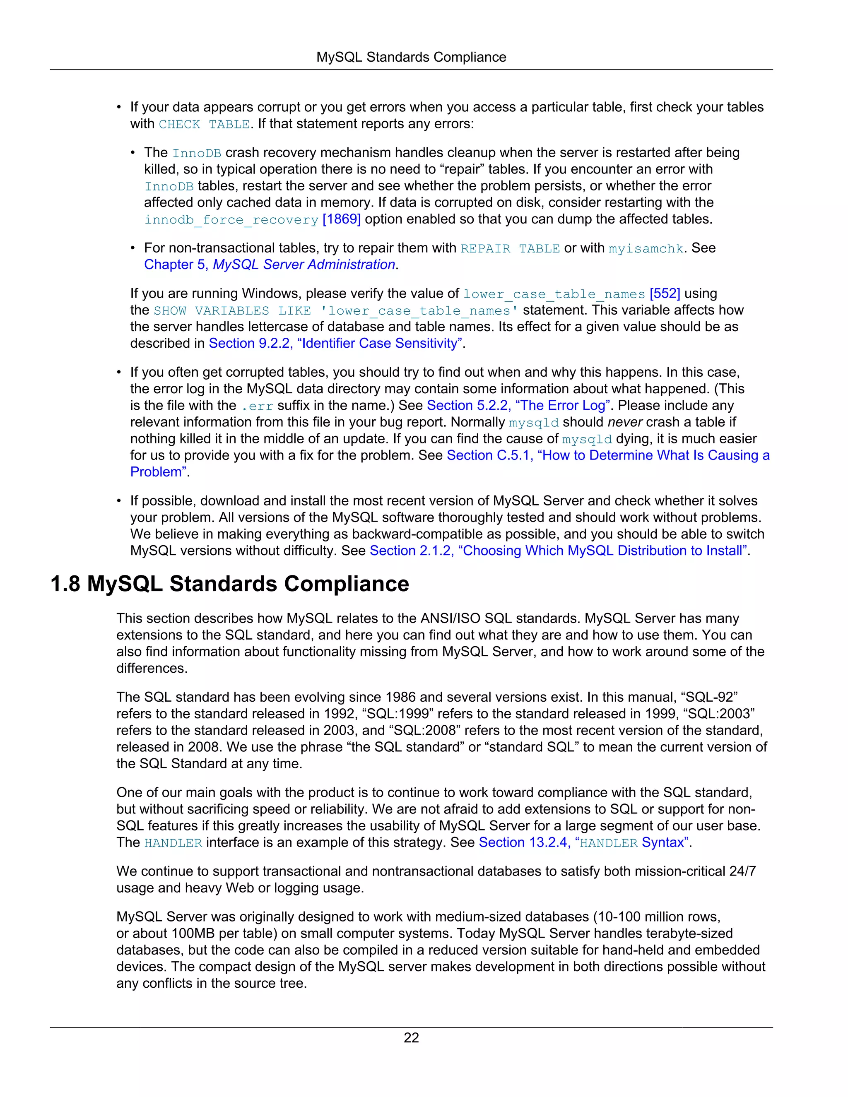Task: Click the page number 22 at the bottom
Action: (x=411, y=1038)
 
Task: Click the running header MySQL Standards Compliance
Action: (x=411, y=57)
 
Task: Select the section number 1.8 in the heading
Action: (x=65, y=584)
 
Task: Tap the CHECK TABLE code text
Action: (x=204, y=124)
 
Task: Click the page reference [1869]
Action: (x=342, y=219)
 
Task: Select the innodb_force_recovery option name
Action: (x=231, y=220)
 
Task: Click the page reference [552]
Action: (x=665, y=294)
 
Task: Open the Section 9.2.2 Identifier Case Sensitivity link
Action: (x=335, y=344)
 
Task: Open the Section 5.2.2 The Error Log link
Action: (x=518, y=406)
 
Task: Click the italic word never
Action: (x=624, y=422)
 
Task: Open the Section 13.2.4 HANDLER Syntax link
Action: (x=583, y=843)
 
